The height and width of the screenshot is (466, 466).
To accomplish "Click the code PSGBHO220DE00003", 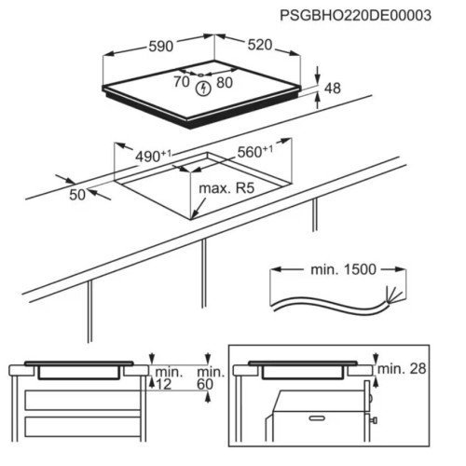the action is coord(355,15).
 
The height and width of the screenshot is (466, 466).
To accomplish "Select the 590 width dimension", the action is coord(161,47).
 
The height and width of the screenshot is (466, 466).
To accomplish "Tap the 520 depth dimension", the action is coord(260,45).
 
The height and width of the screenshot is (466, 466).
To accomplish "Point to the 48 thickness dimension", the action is coord(333,89).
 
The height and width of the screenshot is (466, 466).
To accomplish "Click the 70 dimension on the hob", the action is coord(182,82).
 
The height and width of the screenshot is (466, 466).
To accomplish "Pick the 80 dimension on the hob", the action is coord(225,83).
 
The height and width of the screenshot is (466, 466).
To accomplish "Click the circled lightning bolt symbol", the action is coord(203,89).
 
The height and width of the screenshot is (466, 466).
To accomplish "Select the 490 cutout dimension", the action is coord(153,157).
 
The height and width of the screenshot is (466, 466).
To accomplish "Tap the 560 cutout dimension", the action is coord(255,152).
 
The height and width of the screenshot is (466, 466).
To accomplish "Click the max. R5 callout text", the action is coord(226,188).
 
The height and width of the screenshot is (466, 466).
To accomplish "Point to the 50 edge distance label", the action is coord(77,195).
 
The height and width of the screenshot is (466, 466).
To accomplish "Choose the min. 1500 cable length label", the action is coord(343,269).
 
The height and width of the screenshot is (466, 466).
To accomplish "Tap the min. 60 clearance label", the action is coord(211,378).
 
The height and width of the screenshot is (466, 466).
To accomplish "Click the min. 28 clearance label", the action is coord(402,369).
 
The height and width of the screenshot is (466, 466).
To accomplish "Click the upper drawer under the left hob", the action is coord(82,400).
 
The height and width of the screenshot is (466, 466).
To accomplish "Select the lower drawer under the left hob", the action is coord(82,427).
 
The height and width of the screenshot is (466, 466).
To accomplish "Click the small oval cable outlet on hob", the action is coord(200,75).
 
